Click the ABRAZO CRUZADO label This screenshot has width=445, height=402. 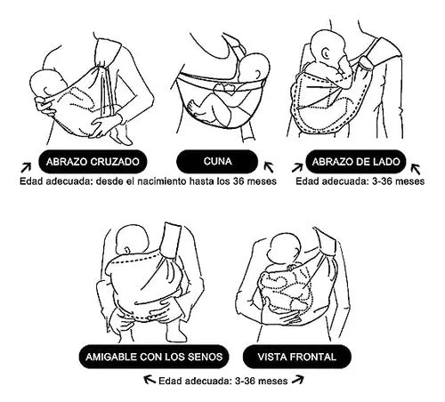coord(93,162)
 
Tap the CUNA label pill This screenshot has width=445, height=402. coord(217,162)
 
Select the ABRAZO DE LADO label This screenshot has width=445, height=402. coord(356,162)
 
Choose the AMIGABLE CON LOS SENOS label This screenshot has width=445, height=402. coord(154,357)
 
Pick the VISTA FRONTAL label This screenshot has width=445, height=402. coord(297,357)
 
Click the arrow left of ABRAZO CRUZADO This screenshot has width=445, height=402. coord(26,167)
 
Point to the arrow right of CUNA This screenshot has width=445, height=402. coord(269,166)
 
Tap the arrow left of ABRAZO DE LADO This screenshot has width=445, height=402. coord(297,167)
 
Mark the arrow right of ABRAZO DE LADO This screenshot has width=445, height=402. coord(416,169)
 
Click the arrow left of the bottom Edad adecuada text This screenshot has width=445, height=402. coord(150,379)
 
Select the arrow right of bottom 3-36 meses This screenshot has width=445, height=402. coord(298,380)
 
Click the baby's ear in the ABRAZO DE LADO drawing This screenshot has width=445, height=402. coord(326,53)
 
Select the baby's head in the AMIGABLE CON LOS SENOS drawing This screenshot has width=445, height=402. coord(133,239)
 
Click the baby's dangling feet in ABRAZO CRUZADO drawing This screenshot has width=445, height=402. coord(121,136)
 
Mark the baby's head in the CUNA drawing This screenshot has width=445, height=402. coord(255,69)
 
